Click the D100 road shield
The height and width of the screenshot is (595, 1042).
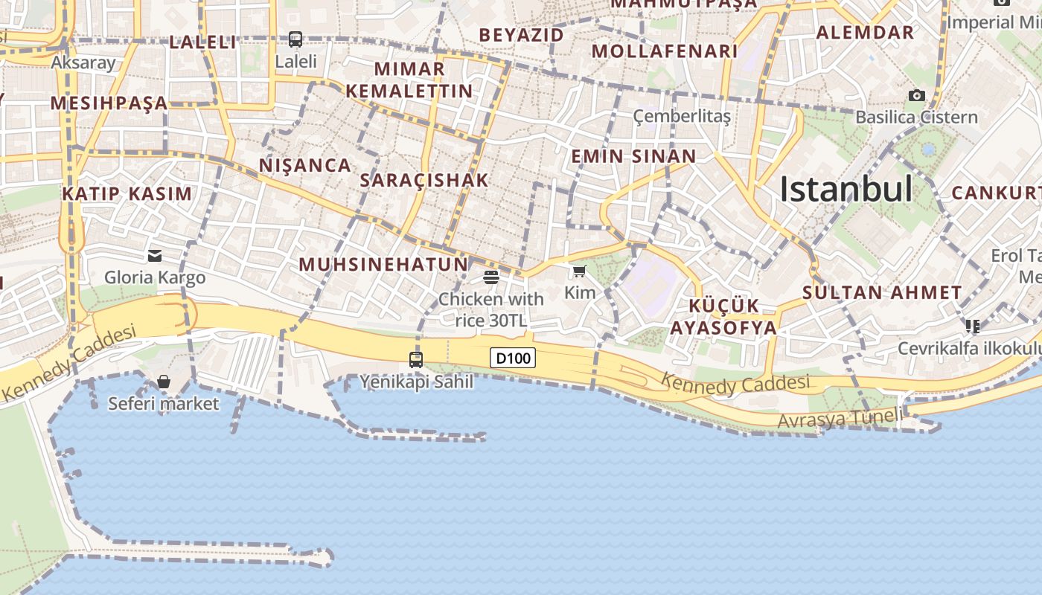pyautogui.click(x=513, y=358)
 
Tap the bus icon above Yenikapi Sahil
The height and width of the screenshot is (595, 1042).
pyautogui.click(x=416, y=360)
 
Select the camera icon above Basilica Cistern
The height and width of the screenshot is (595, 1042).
pyautogui.click(x=917, y=95)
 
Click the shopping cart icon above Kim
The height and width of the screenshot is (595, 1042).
pyautogui.click(x=579, y=271)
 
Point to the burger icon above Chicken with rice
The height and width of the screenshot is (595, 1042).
pyautogui.click(x=490, y=278)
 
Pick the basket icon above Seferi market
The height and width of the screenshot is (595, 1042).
pyautogui.click(x=164, y=382)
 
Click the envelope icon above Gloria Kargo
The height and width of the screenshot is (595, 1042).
pyautogui.click(x=155, y=256)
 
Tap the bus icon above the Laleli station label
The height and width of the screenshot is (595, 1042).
pyautogui.click(x=295, y=39)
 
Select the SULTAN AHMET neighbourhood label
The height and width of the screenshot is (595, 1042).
pyautogui.click(x=883, y=292)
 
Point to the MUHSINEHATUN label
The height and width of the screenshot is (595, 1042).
pyautogui.click(x=383, y=264)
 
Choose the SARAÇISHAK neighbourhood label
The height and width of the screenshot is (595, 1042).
pyautogui.click(x=424, y=180)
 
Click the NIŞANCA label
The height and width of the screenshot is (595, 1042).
pyautogui.click(x=304, y=165)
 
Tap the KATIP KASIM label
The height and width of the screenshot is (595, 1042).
pyautogui.click(x=127, y=194)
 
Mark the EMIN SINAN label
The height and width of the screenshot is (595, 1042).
pyautogui.click(x=633, y=156)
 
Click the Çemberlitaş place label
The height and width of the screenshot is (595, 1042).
pyautogui.click(x=682, y=116)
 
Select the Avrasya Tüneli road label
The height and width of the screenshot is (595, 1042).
pyautogui.click(x=840, y=419)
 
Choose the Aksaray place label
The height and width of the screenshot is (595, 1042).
pyautogui.click(x=83, y=62)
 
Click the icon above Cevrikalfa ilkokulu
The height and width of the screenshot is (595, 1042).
pyautogui.click(x=972, y=326)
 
